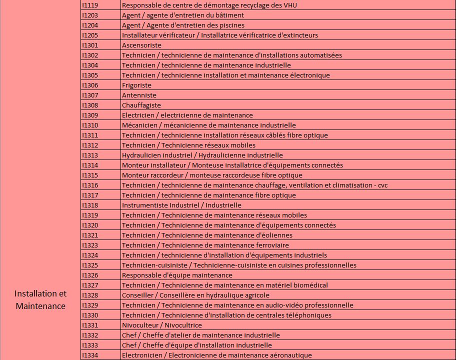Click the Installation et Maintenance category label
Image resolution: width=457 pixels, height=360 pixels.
pyautogui.click(x=40, y=299)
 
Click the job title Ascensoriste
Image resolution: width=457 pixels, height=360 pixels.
pyautogui.click(x=134, y=45)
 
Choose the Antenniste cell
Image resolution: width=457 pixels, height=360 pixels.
pyautogui.click(x=139, y=95)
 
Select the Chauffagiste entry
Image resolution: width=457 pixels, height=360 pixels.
pyautogui.click(x=141, y=105)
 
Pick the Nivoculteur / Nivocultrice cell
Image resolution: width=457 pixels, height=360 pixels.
pyautogui.click(x=162, y=325)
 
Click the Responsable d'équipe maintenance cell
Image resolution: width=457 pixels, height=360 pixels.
pyautogui.click(x=177, y=275)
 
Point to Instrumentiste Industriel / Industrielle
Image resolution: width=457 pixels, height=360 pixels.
pyautogui.click(x=181, y=205)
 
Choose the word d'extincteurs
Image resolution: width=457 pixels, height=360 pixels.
pyautogui.click(x=297, y=35)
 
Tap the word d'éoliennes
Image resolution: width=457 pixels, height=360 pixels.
pyautogui.click(x=274, y=235)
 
